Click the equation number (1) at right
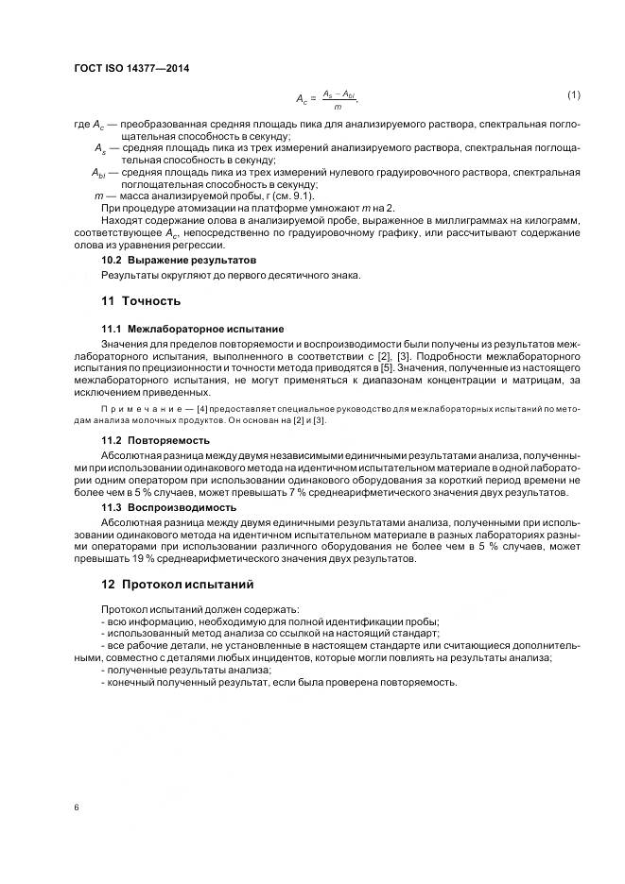pyautogui.click(x=573, y=94)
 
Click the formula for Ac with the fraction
pyautogui.click(x=327, y=97)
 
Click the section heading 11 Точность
pyautogui.click(x=141, y=301)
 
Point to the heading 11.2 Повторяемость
pyautogui.click(x=155, y=440)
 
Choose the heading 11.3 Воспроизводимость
pyautogui.click(x=168, y=507)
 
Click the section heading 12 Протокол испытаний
pyautogui.click(x=172, y=585)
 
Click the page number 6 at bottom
pyautogui.click(x=75, y=807)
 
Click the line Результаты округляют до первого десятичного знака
pyautogui.click(x=231, y=275)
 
